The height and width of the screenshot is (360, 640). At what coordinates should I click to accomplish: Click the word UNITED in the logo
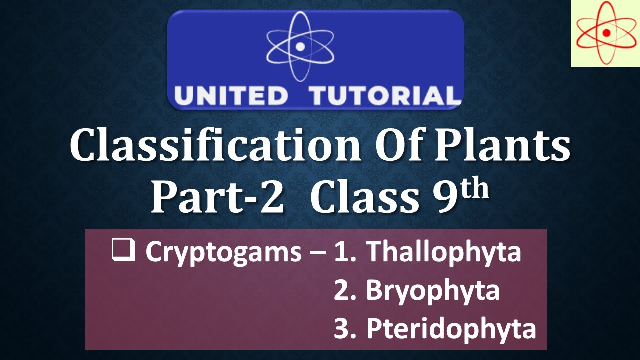click(231, 96)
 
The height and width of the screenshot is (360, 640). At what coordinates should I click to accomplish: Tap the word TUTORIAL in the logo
click(384, 96)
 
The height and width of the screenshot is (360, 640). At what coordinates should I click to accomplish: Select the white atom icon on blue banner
click(300, 46)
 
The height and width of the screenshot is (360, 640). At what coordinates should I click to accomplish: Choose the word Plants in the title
click(505, 145)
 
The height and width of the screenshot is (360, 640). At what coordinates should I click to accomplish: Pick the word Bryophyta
click(432, 291)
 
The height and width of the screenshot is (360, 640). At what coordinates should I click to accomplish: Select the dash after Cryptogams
click(317, 253)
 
